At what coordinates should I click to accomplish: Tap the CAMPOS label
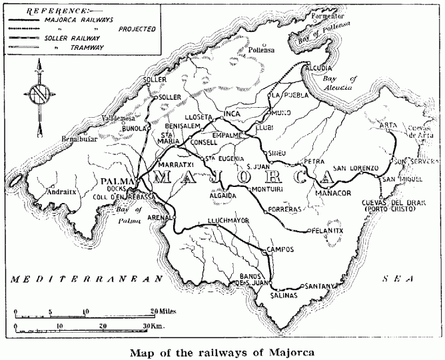point(279,250)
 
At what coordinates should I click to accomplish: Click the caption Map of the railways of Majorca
point(222,351)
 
